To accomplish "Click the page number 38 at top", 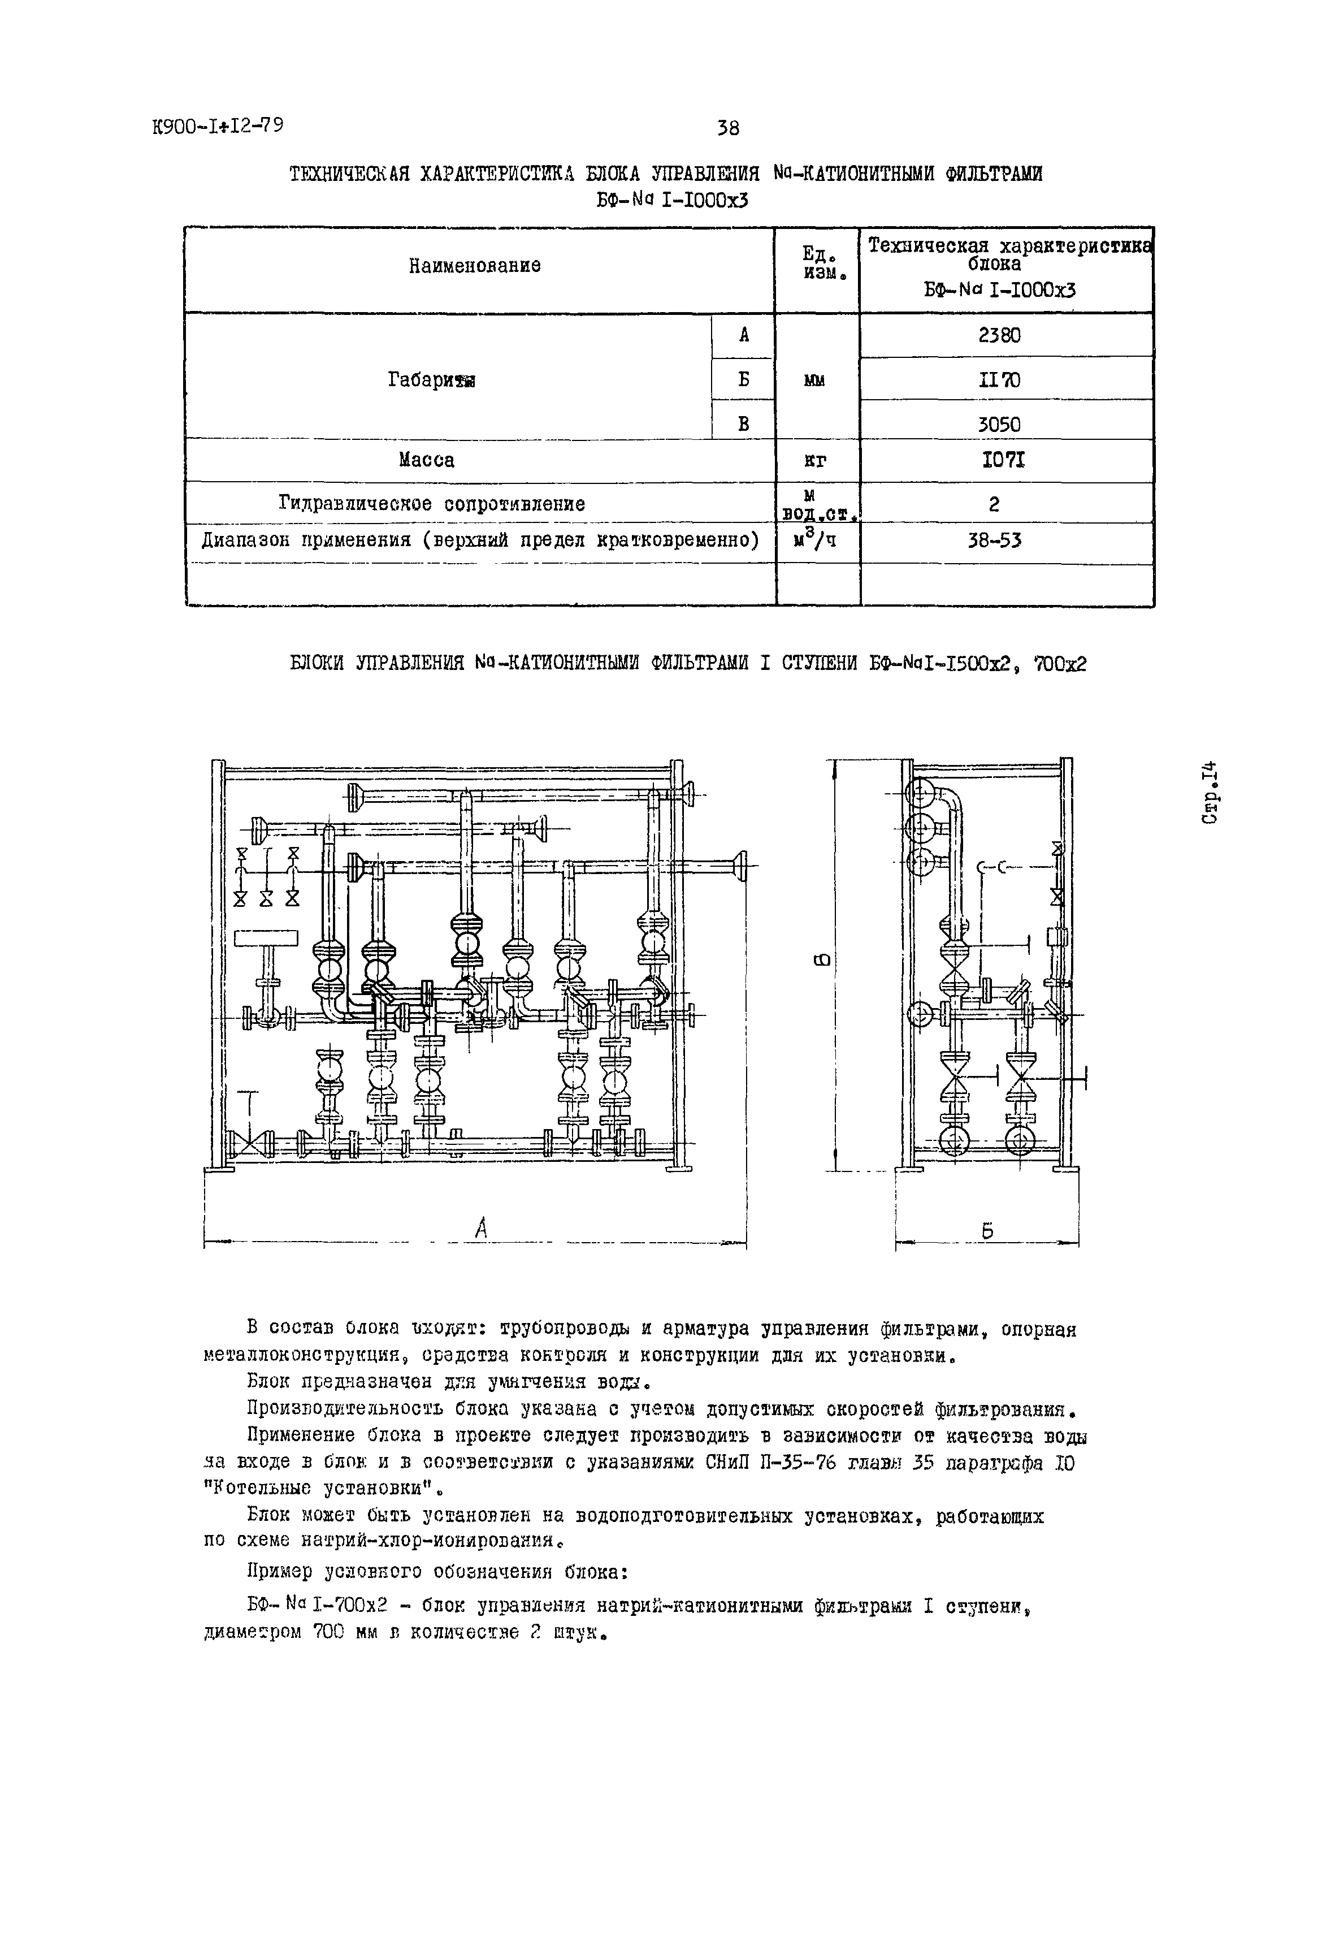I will [x=728, y=128].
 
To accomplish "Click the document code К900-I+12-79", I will [x=218, y=126].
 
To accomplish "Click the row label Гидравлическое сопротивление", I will [x=432, y=504].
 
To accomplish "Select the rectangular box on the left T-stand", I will [x=266, y=939].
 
